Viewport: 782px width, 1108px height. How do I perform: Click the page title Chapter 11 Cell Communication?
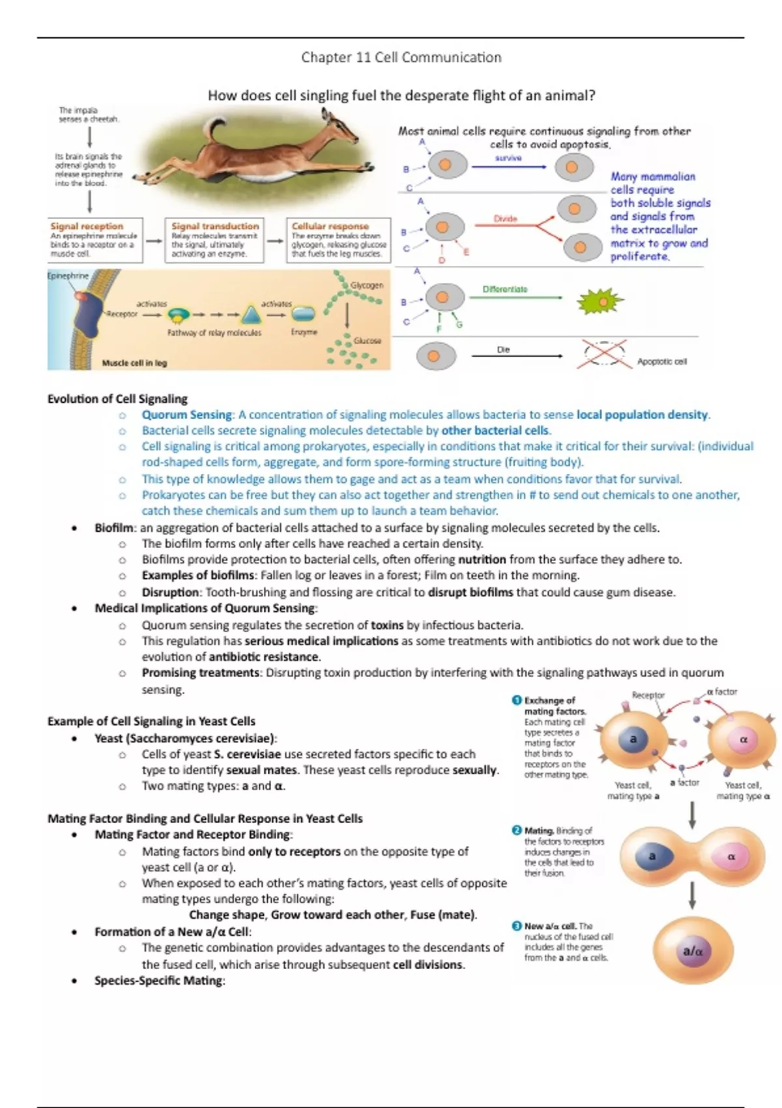(x=401, y=57)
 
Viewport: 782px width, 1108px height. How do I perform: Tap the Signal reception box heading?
(x=87, y=226)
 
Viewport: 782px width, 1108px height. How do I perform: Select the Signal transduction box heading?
(x=215, y=226)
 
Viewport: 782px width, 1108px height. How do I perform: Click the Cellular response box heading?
(x=330, y=226)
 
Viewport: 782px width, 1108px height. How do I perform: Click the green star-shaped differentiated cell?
(x=600, y=302)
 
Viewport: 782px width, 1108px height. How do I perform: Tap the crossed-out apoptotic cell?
(x=604, y=355)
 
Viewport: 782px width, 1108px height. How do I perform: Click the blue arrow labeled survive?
(x=508, y=167)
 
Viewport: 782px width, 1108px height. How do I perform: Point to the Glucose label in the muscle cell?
(x=367, y=340)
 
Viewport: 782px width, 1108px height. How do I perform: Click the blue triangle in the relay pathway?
(x=251, y=315)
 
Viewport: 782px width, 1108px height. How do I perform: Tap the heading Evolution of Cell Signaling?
(x=117, y=399)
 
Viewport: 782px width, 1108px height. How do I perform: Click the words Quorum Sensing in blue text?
(x=186, y=415)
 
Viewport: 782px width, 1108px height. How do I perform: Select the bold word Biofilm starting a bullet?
(x=115, y=528)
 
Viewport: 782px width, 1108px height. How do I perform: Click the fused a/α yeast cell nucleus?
(x=692, y=952)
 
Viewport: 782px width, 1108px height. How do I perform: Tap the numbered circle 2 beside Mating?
(x=517, y=830)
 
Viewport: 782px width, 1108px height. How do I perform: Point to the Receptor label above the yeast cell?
(x=648, y=695)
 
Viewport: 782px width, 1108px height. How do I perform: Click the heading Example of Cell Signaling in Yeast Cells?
(x=151, y=722)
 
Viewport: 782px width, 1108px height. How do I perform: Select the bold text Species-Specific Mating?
(x=158, y=981)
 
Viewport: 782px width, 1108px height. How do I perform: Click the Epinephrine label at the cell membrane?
(x=67, y=276)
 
